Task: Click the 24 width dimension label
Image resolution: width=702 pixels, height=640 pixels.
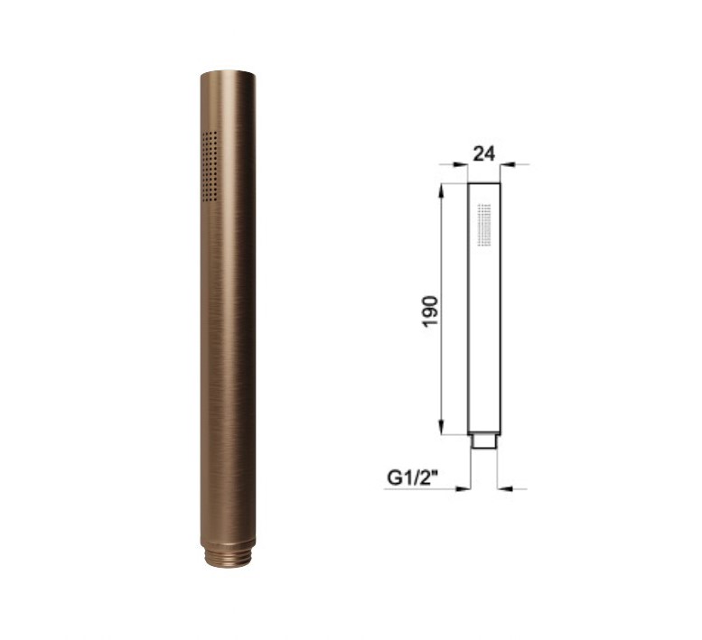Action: point(484,153)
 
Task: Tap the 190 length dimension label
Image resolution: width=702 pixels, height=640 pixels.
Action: point(430,311)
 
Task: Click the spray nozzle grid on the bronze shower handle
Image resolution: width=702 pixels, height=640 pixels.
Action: point(210,166)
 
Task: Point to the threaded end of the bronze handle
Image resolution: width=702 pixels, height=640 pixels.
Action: point(229,557)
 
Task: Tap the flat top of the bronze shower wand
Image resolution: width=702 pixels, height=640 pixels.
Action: point(229,74)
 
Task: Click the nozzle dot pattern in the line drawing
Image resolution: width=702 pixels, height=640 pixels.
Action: point(484,225)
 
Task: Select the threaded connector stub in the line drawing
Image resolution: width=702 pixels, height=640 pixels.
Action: point(484,441)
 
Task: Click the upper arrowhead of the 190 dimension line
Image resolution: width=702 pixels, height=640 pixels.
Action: point(442,190)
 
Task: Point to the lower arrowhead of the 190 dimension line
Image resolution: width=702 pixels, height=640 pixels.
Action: point(442,427)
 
